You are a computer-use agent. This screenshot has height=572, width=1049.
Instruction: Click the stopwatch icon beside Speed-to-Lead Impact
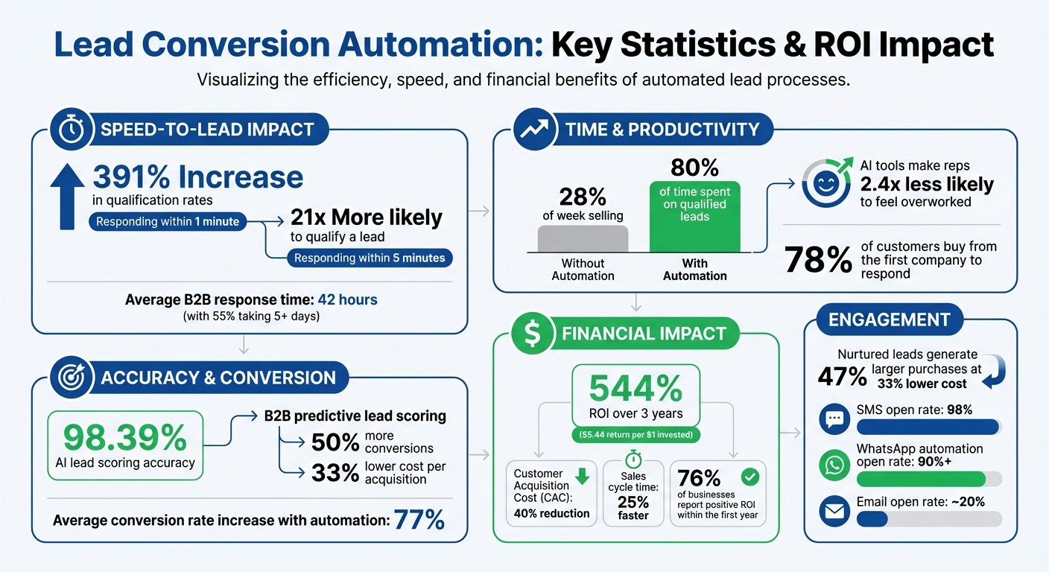click(72, 130)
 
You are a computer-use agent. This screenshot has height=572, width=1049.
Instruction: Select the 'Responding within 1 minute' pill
click(167, 221)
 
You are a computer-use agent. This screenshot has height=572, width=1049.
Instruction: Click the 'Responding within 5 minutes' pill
click(370, 258)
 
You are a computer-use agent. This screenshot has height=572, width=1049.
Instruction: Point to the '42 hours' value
click(347, 300)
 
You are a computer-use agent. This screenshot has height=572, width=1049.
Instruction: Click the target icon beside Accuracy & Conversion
click(72, 378)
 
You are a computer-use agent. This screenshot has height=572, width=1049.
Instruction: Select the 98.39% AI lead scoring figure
click(124, 437)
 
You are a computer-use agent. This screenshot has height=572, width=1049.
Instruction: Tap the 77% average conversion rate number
click(419, 520)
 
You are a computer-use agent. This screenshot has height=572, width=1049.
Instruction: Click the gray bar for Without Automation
click(583, 239)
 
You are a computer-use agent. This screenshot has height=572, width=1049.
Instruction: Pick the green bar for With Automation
click(694, 216)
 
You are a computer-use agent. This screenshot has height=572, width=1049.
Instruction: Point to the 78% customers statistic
click(818, 260)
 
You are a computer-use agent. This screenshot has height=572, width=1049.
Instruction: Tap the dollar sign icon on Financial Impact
click(533, 334)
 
